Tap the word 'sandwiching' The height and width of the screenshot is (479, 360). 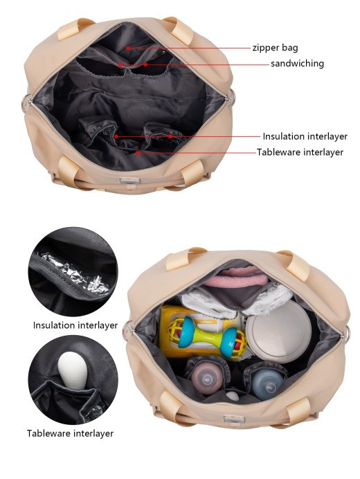tap(297, 64)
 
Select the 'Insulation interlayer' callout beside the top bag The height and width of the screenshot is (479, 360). tap(305, 136)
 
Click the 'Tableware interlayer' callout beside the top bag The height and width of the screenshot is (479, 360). tap(300, 152)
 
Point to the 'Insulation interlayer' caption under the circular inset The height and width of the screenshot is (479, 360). tap(75, 325)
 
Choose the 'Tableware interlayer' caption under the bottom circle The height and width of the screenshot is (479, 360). tap(70, 433)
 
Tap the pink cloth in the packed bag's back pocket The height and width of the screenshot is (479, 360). tap(228, 281)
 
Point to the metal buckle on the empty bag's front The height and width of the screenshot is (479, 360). tap(129, 181)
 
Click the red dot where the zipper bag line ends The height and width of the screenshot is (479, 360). tap(128, 48)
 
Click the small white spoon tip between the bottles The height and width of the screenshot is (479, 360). tap(233, 396)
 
